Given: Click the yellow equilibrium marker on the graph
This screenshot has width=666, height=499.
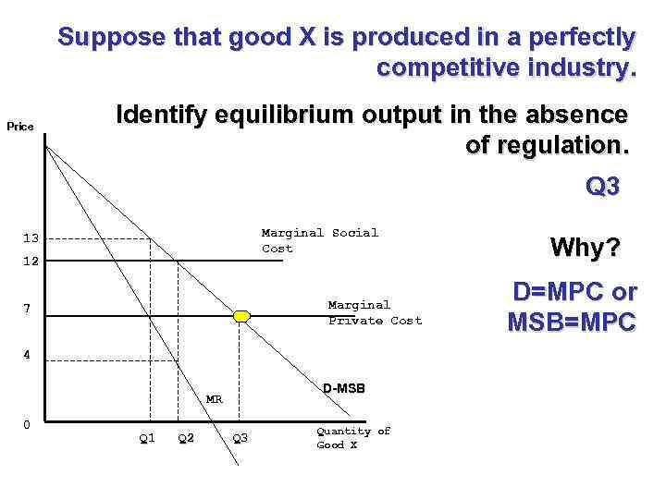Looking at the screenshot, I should [x=241, y=316].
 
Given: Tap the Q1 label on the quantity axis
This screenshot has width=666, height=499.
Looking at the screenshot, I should [x=147, y=438].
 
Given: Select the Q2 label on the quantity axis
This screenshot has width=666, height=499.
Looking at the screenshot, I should [x=186, y=438].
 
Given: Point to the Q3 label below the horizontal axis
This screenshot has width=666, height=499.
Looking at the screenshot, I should [x=240, y=438].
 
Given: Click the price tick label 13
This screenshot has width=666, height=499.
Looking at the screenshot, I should [x=31, y=239].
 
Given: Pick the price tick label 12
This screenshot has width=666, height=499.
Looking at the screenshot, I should [x=31, y=262].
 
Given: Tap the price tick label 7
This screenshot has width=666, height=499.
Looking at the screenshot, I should [x=29, y=309].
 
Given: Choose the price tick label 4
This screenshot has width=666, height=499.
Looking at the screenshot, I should [x=29, y=354].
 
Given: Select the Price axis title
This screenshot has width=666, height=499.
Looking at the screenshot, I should [x=20, y=127].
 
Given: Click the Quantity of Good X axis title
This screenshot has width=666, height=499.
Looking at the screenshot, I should [x=353, y=438].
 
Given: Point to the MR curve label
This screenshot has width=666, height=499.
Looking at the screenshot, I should [x=214, y=400].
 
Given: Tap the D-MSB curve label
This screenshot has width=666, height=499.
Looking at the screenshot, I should [x=344, y=388].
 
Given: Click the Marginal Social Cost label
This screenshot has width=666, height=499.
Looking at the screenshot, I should [x=319, y=240].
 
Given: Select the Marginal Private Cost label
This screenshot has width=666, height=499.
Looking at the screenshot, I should [x=375, y=312].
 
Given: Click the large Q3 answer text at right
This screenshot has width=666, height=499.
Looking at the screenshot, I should [x=603, y=187].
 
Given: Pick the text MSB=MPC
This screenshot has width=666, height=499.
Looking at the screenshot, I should [x=572, y=323].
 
